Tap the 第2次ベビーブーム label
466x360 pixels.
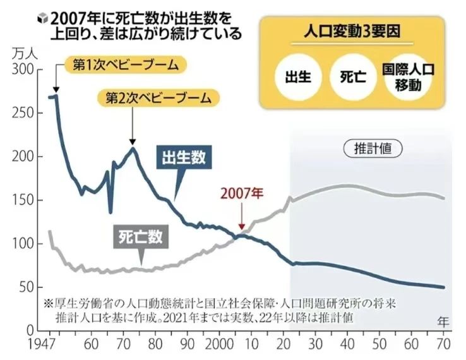coord(158,98)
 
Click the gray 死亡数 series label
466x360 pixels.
coord(141,237)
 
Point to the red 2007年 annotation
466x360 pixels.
coord(241,193)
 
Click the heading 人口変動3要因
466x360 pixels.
coord(352,31)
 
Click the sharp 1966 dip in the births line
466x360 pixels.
coord(111,212)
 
